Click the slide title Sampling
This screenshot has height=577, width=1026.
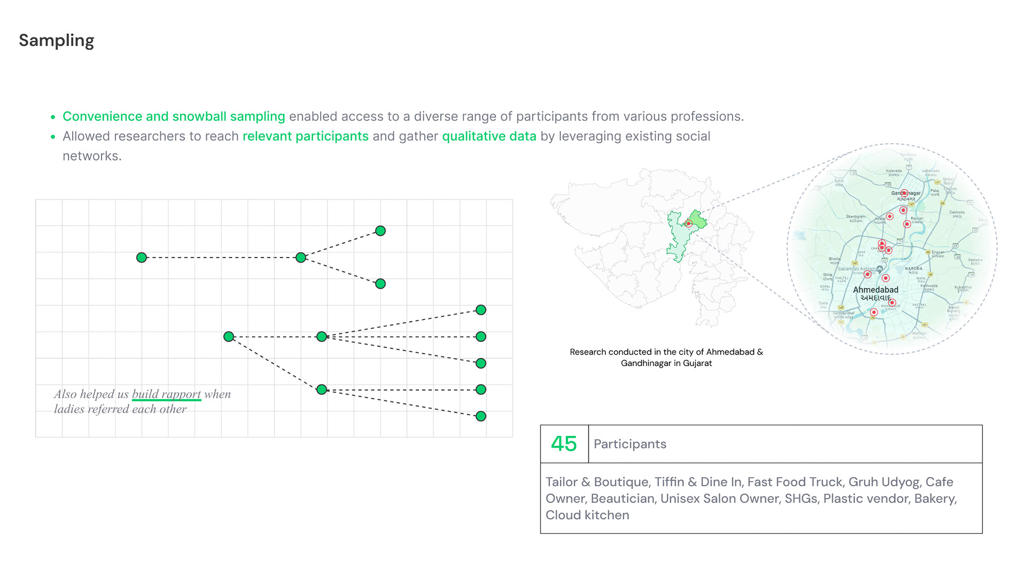(x=56, y=41)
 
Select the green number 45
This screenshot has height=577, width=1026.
(x=564, y=444)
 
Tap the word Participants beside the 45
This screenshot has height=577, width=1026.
(x=629, y=444)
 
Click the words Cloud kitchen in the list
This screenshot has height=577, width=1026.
(x=587, y=515)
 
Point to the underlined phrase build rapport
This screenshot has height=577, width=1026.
(x=166, y=394)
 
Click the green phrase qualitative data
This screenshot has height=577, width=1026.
(x=489, y=136)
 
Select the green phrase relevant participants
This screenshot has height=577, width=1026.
(x=305, y=136)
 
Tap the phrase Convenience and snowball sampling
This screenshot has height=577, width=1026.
(x=174, y=116)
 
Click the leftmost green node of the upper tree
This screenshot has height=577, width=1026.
(x=142, y=258)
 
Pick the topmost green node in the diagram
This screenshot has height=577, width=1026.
(x=380, y=231)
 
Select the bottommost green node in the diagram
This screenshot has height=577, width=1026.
(x=481, y=416)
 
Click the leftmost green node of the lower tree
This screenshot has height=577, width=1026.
(x=229, y=337)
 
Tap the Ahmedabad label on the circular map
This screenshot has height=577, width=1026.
(x=875, y=290)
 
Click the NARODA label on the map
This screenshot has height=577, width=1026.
(x=913, y=269)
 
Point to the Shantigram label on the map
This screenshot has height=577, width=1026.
(x=856, y=217)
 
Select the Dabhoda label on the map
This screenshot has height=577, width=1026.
(x=957, y=213)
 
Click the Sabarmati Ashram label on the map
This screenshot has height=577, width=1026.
(x=857, y=269)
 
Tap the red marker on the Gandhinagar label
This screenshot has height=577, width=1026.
(x=904, y=193)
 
